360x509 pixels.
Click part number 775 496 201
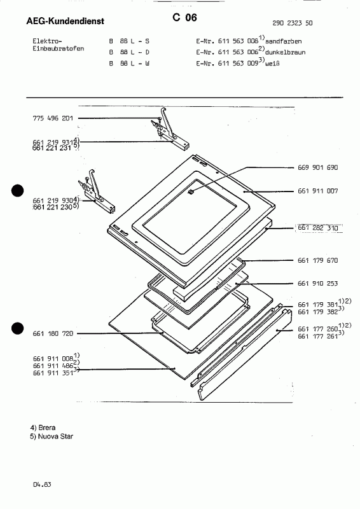pos(53,118)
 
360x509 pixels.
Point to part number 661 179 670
pos(319,260)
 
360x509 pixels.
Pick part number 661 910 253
pos(319,284)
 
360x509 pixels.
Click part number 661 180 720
pos(53,333)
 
